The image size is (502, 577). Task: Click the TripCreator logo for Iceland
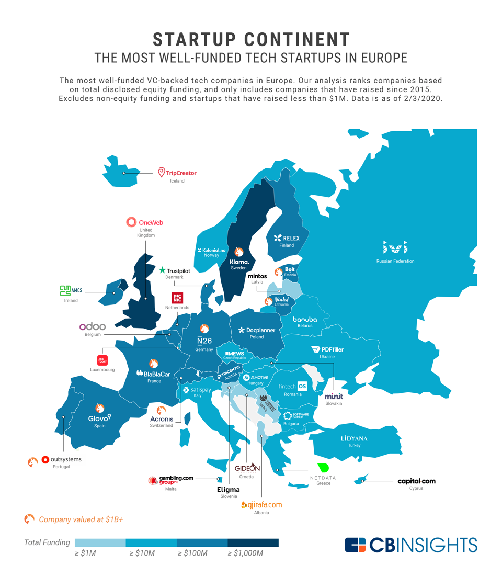pyautogui.click(x=178, y=173)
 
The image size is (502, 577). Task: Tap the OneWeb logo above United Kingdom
pyautogui.click(x=145, y=222)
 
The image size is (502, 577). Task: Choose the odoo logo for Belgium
pyautogui.click(x=93, y=326)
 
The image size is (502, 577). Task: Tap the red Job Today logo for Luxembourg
pyautogui.click(x=102, y=360)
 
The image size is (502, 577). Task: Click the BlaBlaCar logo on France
pyautogui.click(x=153, y=374)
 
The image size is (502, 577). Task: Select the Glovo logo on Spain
pyautogui.click(x=99, y=417)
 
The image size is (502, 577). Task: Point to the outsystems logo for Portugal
pyautogui.click(x=62, y=459)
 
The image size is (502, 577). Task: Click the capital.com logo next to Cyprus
pyautogui.click(x=416, y=481)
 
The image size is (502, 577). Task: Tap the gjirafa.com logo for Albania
pyautogui.click(x=261, y=505)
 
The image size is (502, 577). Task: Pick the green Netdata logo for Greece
pyautogui.click(x=323, y=467)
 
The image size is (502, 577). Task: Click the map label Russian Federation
pyautogui.click(x=395, y=261)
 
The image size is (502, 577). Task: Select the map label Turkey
pyautogui.click(x=354, y=446)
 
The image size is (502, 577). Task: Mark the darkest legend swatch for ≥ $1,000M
pyautogui.click(x=253, y=542)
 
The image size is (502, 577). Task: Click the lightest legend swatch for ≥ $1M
pyautogui.click(x=100, y=542)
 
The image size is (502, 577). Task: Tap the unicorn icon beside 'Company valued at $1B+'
pyautogui.click(x=29, y=519)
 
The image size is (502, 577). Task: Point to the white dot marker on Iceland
pyautogui.click(x=124, y=173)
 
